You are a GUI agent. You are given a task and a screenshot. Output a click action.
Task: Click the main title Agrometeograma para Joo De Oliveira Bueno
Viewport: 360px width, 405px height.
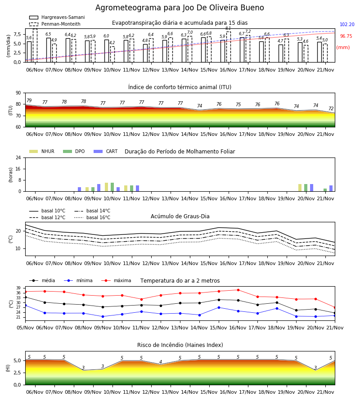point(180,8)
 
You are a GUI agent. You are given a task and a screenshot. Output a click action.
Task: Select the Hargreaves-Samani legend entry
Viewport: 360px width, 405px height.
point(57,17)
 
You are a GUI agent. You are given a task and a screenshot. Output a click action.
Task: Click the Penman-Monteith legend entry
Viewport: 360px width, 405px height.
point(55,24)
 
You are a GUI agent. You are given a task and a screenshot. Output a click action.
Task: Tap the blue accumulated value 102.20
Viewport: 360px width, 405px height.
point(347,25)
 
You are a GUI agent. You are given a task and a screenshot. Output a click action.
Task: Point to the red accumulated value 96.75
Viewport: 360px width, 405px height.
point(346,36)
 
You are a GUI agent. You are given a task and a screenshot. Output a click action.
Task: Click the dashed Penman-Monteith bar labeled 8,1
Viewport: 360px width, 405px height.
point(229,47)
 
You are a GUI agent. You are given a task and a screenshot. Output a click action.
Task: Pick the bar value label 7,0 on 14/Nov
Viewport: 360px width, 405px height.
point(190,32)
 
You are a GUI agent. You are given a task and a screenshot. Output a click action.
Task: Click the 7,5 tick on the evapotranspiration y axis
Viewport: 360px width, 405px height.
point(17,34)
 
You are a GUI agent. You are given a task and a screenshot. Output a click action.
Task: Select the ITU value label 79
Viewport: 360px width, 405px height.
point(29,100)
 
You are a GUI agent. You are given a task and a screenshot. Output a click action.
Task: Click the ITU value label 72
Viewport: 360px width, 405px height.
point(331,109)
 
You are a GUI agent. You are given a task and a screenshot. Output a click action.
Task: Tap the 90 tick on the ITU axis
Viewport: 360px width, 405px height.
point(18,93)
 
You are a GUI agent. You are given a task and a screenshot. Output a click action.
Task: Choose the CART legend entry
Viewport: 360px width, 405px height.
point(106,151)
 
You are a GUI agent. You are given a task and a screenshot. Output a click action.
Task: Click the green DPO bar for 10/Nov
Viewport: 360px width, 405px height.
point(112,187)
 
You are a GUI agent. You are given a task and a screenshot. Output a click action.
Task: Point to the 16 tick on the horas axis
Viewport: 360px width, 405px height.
point(18,169)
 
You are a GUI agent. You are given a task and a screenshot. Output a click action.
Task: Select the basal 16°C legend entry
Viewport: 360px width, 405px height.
point(92,217)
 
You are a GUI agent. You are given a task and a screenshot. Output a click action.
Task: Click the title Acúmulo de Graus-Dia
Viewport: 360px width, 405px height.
point(180,216)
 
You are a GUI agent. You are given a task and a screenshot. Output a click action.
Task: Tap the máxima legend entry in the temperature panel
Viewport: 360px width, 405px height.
point(116,280)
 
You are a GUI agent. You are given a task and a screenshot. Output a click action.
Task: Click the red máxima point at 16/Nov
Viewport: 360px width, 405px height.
point(238,290)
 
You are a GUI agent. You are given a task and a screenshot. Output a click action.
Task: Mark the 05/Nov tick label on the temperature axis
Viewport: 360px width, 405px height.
point(25,328)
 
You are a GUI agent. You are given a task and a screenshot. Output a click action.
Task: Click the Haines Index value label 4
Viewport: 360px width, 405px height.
point(161,362)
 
